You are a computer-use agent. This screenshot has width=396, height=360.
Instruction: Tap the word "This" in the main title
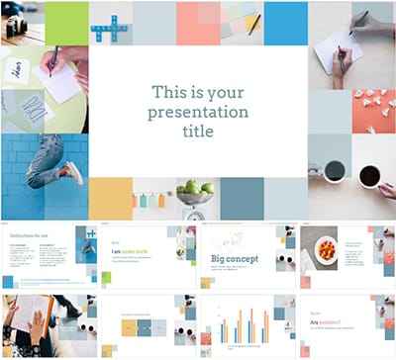[169, 91]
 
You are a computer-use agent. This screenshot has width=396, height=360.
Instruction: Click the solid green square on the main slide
[65, 23]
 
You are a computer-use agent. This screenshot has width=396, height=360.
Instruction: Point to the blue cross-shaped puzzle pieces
[110, 26]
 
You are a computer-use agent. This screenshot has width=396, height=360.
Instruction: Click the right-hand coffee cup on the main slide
[369, 176]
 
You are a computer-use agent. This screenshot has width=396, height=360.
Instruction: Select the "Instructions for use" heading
[29, 235]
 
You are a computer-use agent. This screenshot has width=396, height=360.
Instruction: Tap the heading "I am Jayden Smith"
[129, 252]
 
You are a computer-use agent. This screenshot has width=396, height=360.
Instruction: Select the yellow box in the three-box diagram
[129, 325]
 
